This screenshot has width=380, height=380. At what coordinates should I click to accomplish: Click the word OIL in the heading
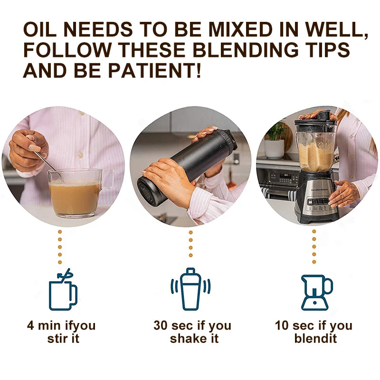pos(43,30)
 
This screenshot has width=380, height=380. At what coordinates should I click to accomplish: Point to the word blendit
pos(315,339)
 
